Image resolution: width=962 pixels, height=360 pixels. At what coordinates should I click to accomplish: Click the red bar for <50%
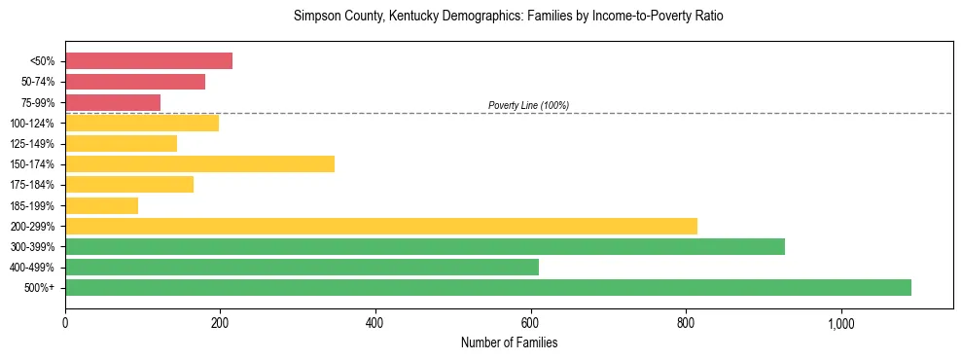tap(149, 61)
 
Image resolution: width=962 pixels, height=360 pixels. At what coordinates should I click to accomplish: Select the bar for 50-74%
tap(135, 82)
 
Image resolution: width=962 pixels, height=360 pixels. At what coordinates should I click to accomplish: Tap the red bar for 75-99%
tap(113, 102)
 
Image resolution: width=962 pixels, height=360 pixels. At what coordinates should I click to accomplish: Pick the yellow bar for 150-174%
tap(199, 163)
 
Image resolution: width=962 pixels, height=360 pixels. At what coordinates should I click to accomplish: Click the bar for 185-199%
tap(101, 205)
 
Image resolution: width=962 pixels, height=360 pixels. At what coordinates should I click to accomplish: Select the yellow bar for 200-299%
tap(381, 226)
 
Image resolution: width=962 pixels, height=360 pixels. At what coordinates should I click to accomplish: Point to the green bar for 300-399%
tap(425, 246)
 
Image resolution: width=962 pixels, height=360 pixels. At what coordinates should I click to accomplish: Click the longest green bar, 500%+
tap(488, 287)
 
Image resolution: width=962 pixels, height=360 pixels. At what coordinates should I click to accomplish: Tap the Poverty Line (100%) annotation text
tap(528, 105)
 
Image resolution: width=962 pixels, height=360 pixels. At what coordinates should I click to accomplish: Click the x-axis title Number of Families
tap(509, 342)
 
